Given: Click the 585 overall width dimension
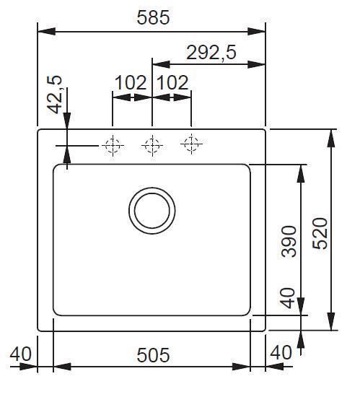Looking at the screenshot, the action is pyautogui.click(x=153, y=17).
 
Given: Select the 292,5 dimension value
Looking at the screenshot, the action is pyautogui.click(x=211, y=53).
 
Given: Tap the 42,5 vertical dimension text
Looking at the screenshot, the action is pyautogui.click(x=55, y=95).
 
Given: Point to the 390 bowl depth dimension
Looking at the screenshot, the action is pyautogui.click(x=289, y=241).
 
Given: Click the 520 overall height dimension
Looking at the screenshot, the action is pyautogui.click(x=320, y=233).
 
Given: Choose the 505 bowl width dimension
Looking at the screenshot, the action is pyautogui.click(x=153, y=355).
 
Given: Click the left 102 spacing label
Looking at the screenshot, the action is pyautogui.click(x=131, y=82).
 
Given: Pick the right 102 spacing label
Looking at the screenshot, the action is pyautogui.click(x=172, y=82).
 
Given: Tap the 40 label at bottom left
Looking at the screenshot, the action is pyautogui.click(x=21, y=354).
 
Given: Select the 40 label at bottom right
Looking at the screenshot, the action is pyautogui.click(x=281, y=352).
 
